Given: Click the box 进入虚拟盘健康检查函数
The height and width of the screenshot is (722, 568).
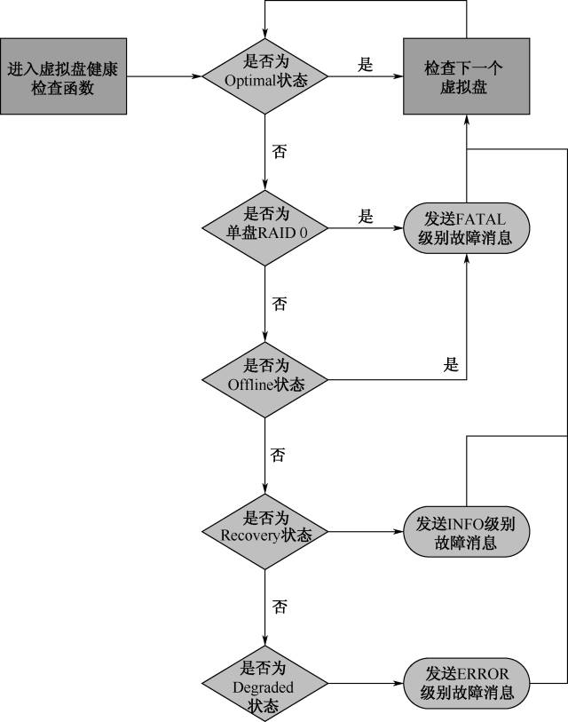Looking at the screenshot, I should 63,76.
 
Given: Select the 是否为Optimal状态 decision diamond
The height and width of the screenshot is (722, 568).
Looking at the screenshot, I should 266,76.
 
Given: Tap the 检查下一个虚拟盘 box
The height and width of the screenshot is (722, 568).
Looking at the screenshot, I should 467,76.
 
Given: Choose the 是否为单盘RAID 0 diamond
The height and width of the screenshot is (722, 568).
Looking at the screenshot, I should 266,228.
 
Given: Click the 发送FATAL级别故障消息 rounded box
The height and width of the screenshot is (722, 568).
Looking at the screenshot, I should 466,228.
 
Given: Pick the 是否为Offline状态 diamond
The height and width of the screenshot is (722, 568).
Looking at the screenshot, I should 266,380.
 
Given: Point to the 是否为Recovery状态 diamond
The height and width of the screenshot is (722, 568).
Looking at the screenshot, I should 266,532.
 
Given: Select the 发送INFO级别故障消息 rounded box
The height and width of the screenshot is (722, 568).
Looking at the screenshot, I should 466,531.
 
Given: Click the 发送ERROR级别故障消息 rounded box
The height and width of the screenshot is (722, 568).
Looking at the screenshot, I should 466,683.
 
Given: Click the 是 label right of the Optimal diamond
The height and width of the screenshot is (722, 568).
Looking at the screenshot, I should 365,65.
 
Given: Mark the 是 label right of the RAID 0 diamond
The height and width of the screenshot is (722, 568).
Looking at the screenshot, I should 365,217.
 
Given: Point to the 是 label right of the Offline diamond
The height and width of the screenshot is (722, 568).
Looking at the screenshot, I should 451,365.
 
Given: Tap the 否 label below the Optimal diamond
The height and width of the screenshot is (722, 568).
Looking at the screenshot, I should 280,152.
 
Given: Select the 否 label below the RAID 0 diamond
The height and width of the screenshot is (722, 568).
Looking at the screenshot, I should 280,304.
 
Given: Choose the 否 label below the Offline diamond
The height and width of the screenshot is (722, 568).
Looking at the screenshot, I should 280,456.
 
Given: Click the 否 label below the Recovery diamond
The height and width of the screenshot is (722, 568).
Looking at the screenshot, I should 280,607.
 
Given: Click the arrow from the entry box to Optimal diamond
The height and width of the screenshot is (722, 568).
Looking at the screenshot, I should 164,76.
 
